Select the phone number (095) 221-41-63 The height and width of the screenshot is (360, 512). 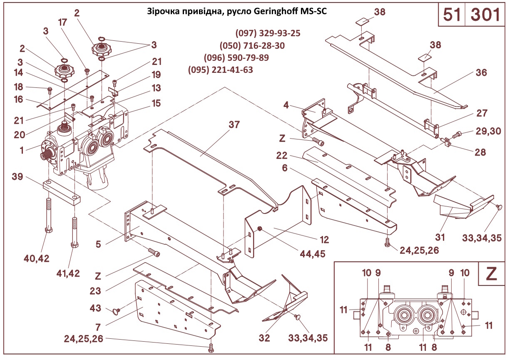click(x=221, y=70)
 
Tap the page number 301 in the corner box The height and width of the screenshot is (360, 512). click(x=485, y=15)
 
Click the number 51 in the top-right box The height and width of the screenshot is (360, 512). click(x=452, y=15)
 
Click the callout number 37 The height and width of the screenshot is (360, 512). click(x=234, y=124)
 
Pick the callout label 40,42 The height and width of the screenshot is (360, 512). click(x=37, y=258)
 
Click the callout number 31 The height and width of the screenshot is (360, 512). click(x=440, y=237)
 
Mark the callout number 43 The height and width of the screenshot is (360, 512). click(x=96, y=308)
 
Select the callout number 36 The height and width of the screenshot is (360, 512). click(x=482, y=72)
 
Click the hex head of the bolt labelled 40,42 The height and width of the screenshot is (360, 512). click(x=49, y=230)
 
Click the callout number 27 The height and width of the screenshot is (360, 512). click(x=482, y=113)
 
